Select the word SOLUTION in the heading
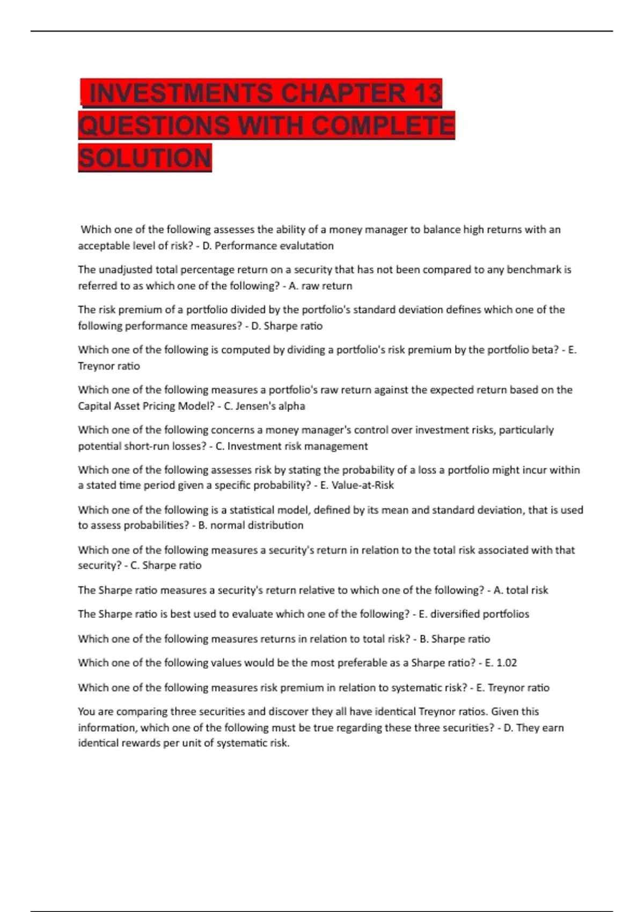[145, 158]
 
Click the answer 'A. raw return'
[320, 286]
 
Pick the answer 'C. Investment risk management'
[291, 446]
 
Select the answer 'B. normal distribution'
[251, 525]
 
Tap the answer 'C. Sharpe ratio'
[166, 565]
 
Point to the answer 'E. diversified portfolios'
[474, 614]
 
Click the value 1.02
[507, 663]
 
